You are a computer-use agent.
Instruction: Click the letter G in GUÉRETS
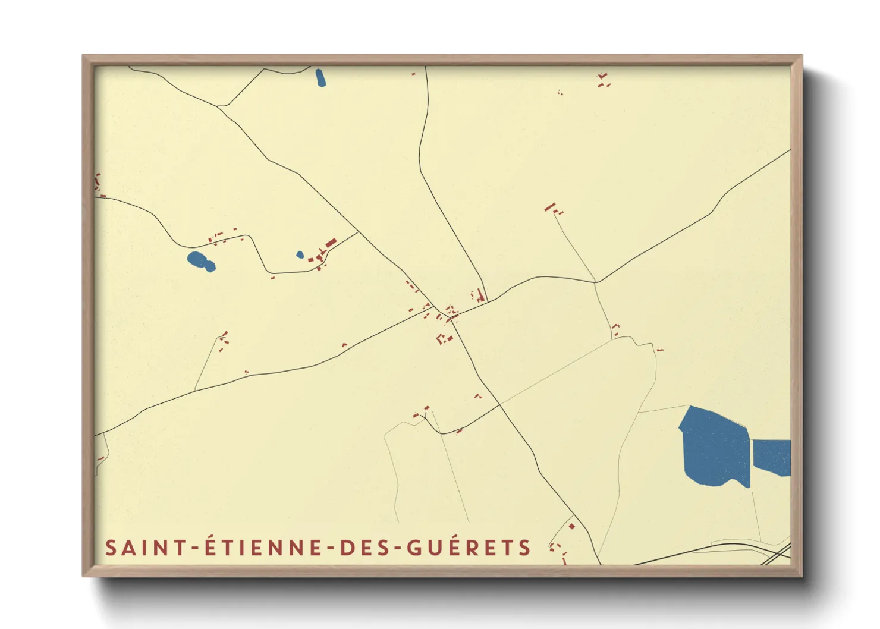click(x=414, y=548)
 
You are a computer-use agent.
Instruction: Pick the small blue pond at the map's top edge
click(x=320, y=78)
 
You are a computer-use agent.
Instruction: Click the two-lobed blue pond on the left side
click(x=200, y=261)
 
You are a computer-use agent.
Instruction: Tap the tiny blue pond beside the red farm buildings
click(x=300, y=255)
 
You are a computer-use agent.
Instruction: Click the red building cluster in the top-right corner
click(x=603, y=80)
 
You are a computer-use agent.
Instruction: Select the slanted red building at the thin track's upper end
click(x=550, y=207)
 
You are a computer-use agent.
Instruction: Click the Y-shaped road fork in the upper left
click(x=221, y=106)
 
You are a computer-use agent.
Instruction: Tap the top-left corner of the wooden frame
click(x=84, y=57)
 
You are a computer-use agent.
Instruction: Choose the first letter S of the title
click(x=111, y=548)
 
